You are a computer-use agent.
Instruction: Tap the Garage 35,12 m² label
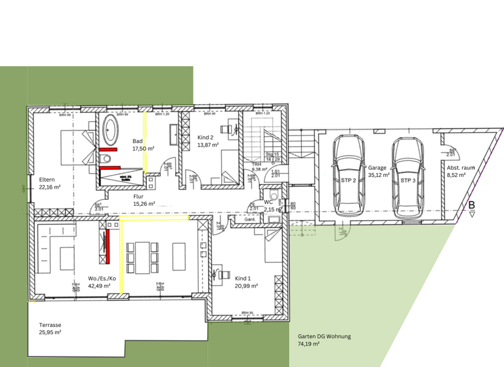(x=377, y=172)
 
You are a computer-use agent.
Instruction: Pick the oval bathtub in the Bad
(x=110, y=131)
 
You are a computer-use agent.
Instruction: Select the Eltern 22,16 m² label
(x=49, y=183)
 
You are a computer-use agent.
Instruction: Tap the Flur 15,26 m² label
(x=144, y=200)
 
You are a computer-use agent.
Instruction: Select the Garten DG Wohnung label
(x=324, y=339)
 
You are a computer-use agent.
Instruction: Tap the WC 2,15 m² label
(x=272, y=205)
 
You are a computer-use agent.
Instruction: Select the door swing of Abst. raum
(x=450, y=147)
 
